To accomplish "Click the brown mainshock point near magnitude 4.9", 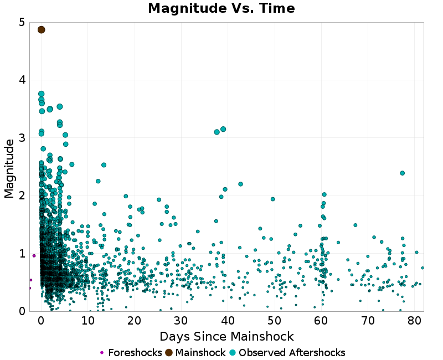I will (x=41, y=29).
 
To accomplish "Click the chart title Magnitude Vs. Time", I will (x=221, y=8).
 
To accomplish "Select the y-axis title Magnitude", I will (x=9, y=168).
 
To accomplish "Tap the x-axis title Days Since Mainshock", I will (x=226, y=336).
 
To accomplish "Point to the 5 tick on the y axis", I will (x=22, y=22).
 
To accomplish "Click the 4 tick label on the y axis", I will (x=22, y=80).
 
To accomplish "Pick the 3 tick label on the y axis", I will (x=22, y=137).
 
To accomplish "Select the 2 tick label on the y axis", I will (x=22, y=196).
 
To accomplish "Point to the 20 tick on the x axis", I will (x=134, y=320).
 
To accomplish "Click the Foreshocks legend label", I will (x=135, y=353).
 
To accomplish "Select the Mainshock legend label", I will (x=200, y=353).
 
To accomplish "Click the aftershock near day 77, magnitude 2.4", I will (x=402, y=173).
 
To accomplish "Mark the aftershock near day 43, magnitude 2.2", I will (x=240, y=184).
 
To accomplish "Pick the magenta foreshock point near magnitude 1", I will (x=34, y=256).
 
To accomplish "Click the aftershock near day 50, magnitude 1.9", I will (x=272, y=199).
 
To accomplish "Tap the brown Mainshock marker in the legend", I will (x=169, y=353).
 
